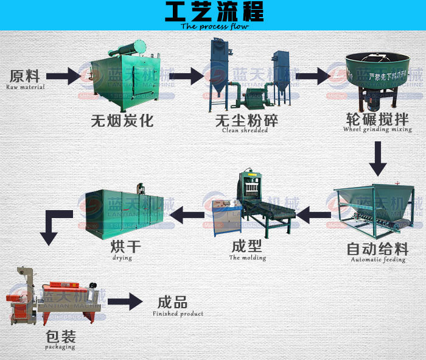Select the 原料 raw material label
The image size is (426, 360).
[x=25, y=76]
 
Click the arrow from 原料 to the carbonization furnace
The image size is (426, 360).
[x=63, y=76]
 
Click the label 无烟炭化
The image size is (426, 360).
[x=122, y=121]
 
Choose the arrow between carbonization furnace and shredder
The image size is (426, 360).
[x=186, y=76]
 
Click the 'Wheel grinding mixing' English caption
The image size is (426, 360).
[x=377, y=129]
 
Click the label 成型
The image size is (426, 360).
[x=247, y=247]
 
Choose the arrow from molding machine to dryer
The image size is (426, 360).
[x=186, y=213]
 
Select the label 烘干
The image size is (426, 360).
[x=122, y=247]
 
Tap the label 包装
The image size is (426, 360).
[x=59, y=337]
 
